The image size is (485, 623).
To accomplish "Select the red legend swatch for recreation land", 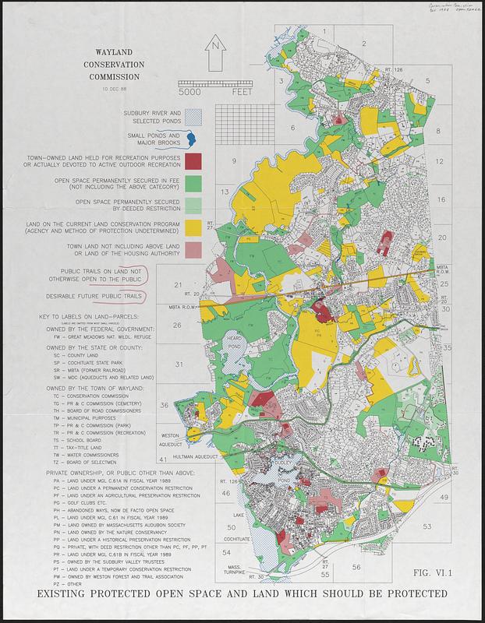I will (194, 161).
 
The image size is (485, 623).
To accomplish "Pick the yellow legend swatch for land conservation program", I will (194, 226).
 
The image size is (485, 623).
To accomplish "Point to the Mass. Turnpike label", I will (221, 570).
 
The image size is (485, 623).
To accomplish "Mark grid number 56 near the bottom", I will (356, 567).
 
